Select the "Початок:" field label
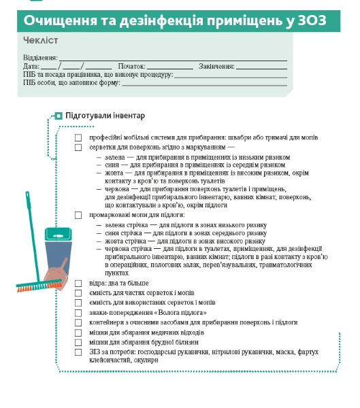pyautogui.click(x=131, y=67)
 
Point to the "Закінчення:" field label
pyautogui.click(x=216, y=67)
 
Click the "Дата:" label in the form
pyautogui.click(x=31, y=67)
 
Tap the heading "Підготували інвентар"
pyautogui.click(x=105, y=116)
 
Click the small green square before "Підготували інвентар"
pyautogui.click(x=59, y=116)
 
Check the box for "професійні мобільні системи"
pyautogui.click(x=78, y=137)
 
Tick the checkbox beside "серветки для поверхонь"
pyautogui.click(x=78, y=146)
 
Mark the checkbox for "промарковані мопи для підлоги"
pyautogui.click(x=78, y=215)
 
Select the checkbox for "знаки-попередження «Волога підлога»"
pyautogui.click(x=78, y=312)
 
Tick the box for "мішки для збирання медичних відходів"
pyautogui.click(x=78, y=333)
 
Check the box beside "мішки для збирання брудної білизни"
pyautogui.click(x=78, y=342)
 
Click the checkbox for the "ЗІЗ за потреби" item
pyautogui.click(x=78, y=352)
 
